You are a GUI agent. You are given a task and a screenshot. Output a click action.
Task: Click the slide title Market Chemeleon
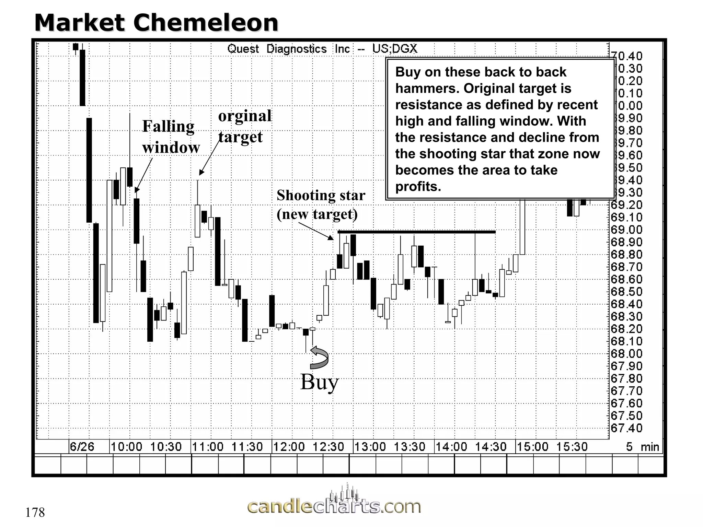pos(156,23)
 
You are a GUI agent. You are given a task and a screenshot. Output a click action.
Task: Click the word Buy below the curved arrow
pos(319,382)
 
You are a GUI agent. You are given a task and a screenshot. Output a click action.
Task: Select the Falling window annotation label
pos(171,137)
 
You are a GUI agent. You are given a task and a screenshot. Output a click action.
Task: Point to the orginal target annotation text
pos(244,126)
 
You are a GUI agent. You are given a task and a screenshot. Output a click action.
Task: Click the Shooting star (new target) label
pos(320,204)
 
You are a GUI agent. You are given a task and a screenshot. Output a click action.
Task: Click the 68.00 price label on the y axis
pos(626,354)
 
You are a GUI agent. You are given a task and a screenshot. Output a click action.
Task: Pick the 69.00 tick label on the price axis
pos(626,230)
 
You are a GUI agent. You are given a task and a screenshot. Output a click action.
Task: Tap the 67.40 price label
pos(626,428)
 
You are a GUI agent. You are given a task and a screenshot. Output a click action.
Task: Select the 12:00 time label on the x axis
pos(289,447)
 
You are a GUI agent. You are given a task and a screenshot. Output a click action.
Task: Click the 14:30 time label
pos(491,447)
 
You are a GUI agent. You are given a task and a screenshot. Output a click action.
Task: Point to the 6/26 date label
pos(82,447)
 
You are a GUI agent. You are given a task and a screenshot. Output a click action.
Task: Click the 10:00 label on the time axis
pos(126,447)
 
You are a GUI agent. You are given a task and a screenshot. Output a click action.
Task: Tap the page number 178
pos(35,513)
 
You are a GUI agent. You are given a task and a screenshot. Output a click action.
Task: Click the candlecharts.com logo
pos(334,505)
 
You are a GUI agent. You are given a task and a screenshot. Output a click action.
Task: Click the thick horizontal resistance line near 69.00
pos(416,232)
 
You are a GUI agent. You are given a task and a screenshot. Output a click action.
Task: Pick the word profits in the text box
pos(418,187)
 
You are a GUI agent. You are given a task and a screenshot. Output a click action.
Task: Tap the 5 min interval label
pos(642,447)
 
